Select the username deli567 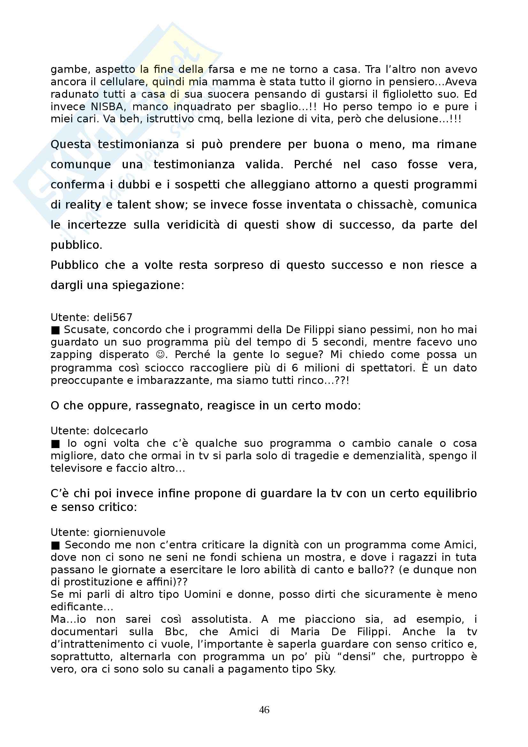click(x=112, y=317)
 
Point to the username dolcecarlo click(x=120, y=431)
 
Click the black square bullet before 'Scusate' click(x=56, y=330)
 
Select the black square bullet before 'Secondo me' click(x=56, y=545)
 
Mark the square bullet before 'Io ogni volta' click(x=56, y=444)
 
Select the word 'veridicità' click(x=193, y=225)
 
